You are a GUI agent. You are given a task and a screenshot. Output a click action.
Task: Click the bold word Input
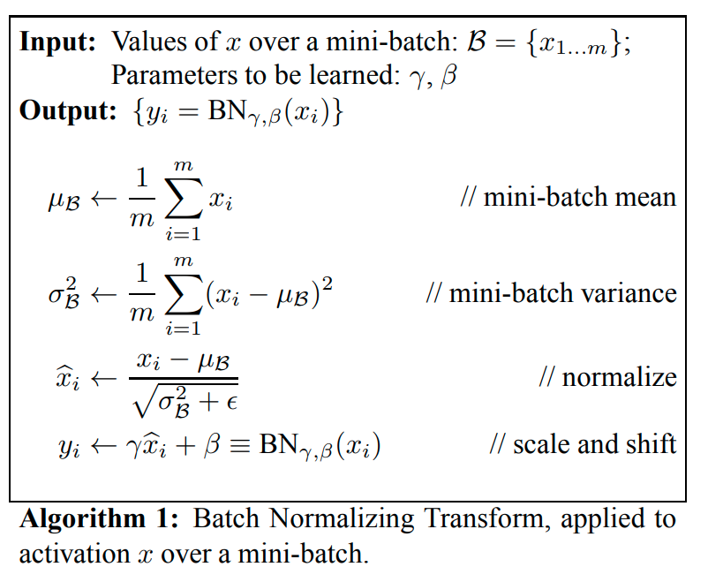[57, 43]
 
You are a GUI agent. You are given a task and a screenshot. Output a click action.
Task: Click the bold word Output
[68, 110]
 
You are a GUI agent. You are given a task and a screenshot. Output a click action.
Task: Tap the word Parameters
[175, 75]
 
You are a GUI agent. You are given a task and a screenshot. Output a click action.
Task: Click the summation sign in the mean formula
[184, 198]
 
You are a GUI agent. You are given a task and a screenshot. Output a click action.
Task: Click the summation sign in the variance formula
[184, 293]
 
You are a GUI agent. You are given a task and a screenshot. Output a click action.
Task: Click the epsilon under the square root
[232, 401]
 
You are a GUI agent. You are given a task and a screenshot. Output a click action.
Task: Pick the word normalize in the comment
[619, 377]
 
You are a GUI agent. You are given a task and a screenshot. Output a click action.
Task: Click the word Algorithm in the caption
[83, 518]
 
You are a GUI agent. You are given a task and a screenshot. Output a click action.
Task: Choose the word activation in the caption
[74, 554]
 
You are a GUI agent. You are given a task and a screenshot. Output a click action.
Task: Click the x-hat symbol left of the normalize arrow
[68, 378]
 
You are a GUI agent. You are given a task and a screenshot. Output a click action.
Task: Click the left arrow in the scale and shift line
[104, 446]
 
